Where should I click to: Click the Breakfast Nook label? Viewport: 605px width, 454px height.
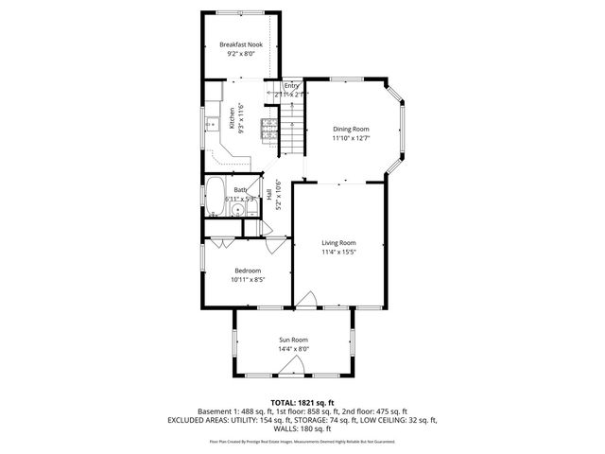[240, 44]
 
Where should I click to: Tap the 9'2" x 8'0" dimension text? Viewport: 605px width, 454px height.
[240, 55]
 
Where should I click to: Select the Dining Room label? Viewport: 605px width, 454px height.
[350, 129]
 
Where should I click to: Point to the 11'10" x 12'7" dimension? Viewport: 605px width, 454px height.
[350, 139]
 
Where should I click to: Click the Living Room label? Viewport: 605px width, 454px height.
[337, 242]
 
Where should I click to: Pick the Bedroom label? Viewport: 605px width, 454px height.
[248, 271]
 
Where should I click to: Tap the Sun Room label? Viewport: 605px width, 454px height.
[293, 340]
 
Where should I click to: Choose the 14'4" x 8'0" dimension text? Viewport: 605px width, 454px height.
[293, 349]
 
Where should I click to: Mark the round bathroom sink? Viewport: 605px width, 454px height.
[237, 211]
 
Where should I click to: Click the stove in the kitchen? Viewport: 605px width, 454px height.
[269, 128]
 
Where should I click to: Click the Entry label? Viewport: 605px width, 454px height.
[291, 86]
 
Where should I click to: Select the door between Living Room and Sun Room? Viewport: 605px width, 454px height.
[307, 301]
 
